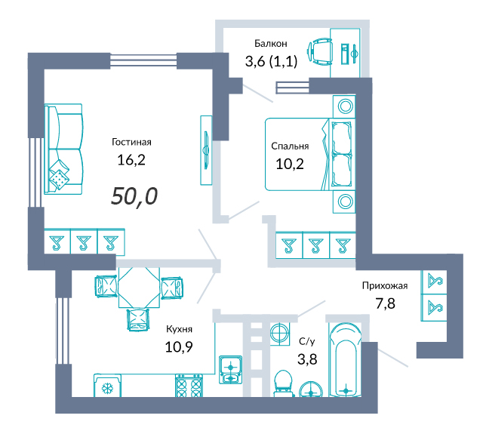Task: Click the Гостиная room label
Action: (131, 142)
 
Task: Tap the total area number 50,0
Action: (134, 196)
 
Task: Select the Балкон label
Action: (271, 44)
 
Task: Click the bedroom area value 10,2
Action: (290, 164)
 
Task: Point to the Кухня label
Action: (179, 329)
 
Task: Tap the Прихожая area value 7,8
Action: (385, 303)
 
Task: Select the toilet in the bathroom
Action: (283, 383)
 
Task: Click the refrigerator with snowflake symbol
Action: (107, 386)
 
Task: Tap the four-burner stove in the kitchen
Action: (189, 386)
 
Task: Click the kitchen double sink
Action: (231, 370)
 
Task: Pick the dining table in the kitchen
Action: (139, 287)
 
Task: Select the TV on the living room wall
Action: (206, 150)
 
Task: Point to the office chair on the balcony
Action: (320, 52)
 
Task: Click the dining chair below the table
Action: (138, 320)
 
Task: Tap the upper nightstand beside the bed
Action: (344, 106)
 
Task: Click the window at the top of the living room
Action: (143, 60)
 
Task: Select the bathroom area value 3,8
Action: (307, 359)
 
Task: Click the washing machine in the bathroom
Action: (280, 334)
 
